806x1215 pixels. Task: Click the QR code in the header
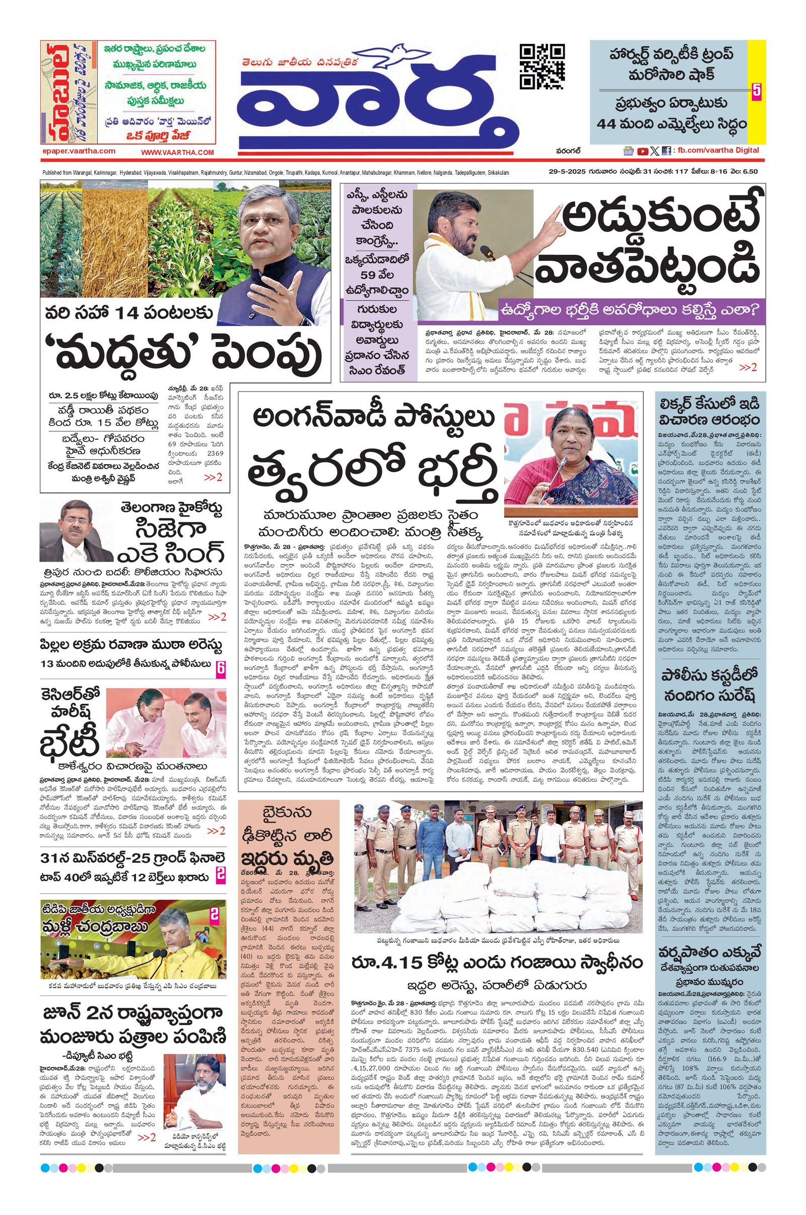click(542, 67)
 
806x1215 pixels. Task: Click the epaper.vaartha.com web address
click(78, 151)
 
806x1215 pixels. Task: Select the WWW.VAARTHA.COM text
click(177, 152)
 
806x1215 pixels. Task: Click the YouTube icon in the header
click(642, 151)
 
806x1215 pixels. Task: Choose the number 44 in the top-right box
click(609, 124)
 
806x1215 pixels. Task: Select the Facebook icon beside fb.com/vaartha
click(666, 151)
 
